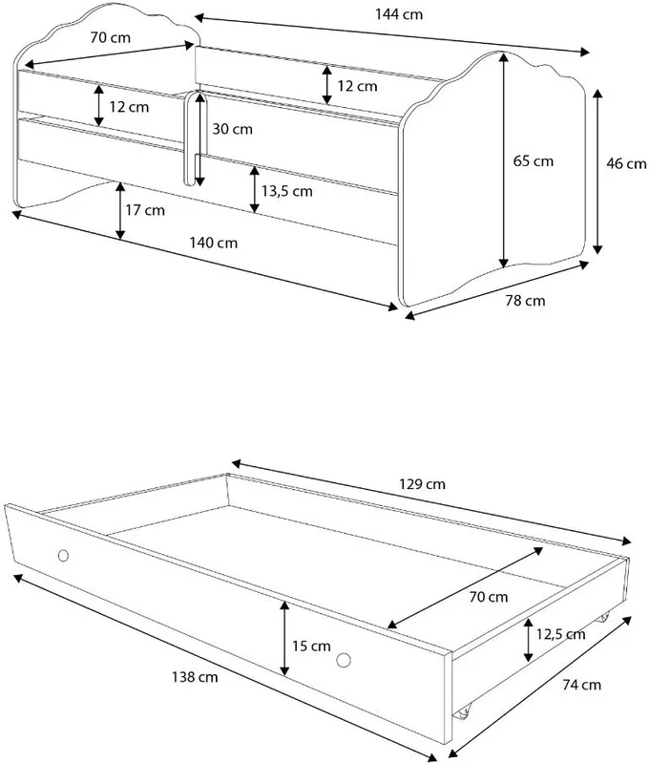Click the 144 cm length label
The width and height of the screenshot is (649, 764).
398,14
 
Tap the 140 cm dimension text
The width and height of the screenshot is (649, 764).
213,243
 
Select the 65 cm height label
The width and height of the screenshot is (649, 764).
534,160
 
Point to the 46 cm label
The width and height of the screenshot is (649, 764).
626,163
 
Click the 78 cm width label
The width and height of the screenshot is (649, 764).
525,301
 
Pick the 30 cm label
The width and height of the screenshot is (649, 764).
232,129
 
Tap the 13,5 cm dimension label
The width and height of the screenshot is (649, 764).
286,191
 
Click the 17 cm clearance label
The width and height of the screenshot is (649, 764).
145,210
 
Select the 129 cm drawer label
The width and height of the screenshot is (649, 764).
422,484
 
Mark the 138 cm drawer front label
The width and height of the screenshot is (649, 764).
195,677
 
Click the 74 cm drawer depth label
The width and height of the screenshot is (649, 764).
581,685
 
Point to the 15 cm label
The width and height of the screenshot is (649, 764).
311,647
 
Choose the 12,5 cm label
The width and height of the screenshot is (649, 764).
560,634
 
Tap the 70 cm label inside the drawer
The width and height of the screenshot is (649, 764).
489,597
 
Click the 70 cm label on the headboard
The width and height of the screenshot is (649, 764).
111,37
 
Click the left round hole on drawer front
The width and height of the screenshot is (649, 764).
63,556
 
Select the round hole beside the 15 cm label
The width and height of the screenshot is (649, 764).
344,660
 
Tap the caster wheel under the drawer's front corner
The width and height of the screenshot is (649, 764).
463,712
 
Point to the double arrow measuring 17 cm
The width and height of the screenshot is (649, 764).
120,211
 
